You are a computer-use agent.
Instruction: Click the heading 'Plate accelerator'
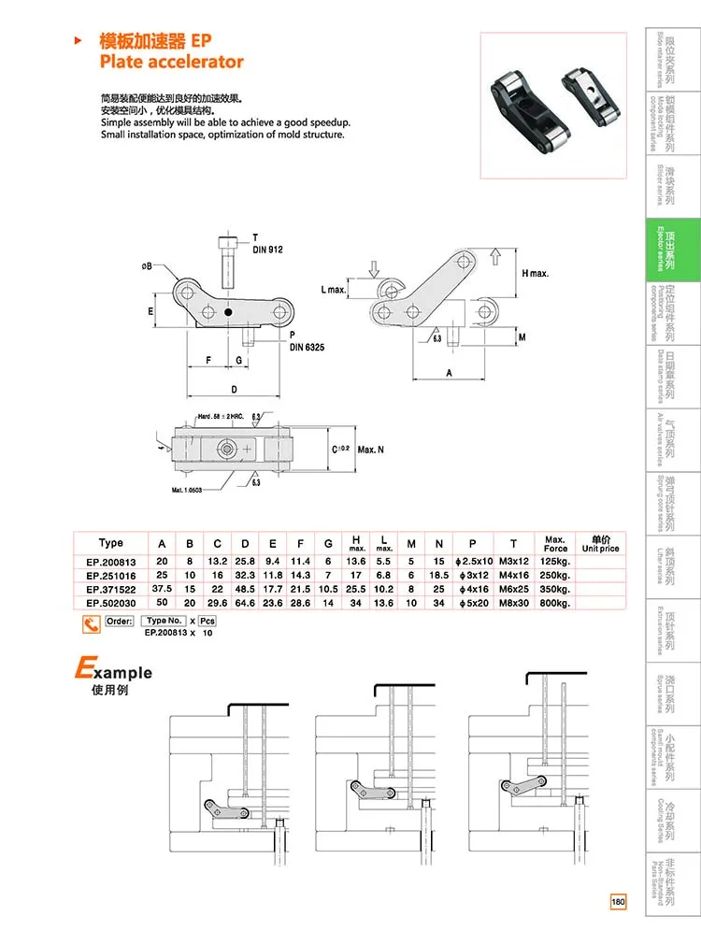[x=171, y=62]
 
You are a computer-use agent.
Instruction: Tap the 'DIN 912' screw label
[x=267, y=250]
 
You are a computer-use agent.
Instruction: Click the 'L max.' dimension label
[x=334, y=290]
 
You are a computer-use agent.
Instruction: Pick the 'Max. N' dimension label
[x=371, y=450]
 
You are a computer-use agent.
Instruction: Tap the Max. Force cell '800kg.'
[x=555, y=603]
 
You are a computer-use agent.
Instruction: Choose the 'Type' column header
[x=110, y=543]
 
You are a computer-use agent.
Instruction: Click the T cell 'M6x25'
[x=513, y=590]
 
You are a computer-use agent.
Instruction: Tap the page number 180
[x=618, y=902]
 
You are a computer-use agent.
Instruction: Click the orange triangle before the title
[x=79, y=40]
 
